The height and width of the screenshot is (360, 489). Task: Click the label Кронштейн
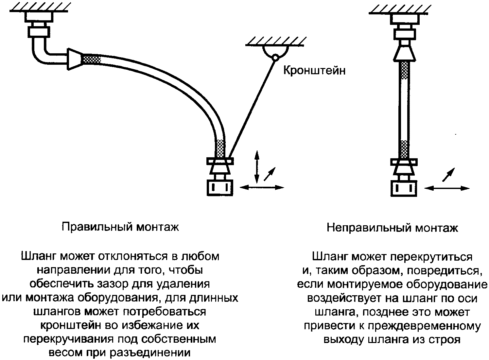click(314, 70)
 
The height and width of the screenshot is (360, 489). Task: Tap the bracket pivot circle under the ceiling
click(275, 58)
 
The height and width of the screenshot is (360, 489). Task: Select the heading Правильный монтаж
click(120, 227)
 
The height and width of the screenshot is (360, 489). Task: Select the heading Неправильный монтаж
click(392, 228)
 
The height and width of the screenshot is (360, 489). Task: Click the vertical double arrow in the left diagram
click(257, 166)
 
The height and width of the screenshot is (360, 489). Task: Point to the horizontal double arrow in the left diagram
click(262, 187)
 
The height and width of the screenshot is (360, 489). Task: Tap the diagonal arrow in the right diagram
click(448, 174)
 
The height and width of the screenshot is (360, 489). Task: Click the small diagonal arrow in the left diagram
click(270, 174)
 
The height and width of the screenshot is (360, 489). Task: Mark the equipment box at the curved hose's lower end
click(220, 188)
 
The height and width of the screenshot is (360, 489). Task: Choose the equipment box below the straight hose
click(405, 188)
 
